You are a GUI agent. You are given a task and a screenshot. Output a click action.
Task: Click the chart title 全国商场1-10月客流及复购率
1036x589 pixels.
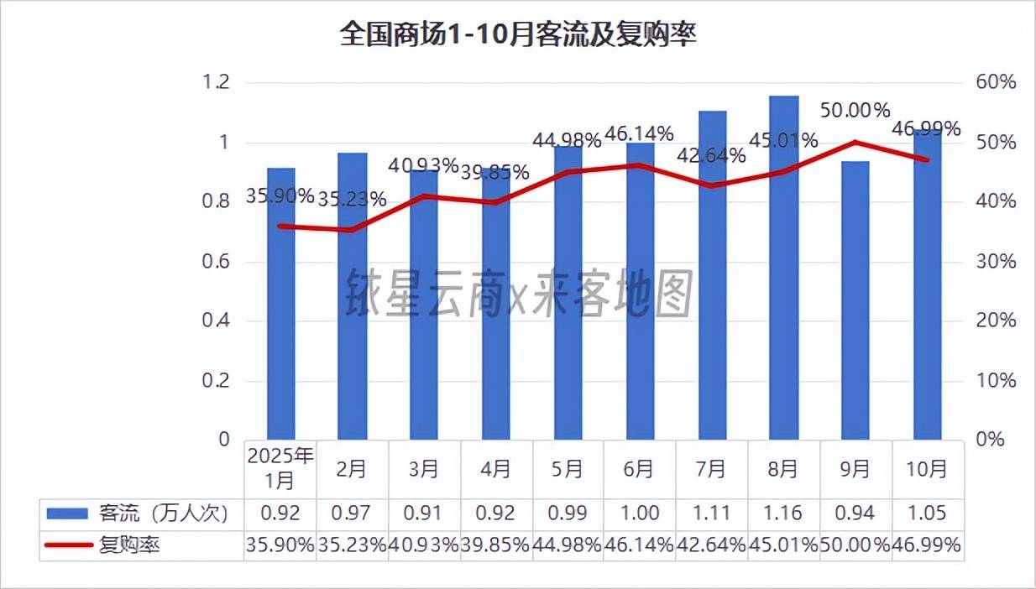[518, 36]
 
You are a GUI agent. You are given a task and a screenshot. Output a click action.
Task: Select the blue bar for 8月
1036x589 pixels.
[783, 268]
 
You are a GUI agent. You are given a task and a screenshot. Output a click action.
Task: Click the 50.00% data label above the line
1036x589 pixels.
[855, 111]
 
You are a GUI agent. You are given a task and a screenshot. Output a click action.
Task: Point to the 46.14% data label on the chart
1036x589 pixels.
[639, 133]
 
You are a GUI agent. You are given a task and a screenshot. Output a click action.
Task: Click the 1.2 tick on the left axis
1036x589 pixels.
[216, 82]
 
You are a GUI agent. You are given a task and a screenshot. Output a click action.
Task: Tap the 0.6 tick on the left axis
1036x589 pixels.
[216, 262]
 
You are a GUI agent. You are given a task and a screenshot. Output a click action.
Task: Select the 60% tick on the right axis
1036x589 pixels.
[997, 82]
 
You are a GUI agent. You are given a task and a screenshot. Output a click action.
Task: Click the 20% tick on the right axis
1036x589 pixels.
[997, 321]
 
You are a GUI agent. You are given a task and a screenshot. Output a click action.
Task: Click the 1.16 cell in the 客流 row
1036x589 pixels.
[783, 513]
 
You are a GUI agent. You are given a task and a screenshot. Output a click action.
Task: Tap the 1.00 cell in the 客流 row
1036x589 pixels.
[639, 513]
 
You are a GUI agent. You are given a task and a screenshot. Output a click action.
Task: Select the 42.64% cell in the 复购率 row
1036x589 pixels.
[711, 545]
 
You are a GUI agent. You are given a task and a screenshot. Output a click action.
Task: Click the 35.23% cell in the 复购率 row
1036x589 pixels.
[352, 545]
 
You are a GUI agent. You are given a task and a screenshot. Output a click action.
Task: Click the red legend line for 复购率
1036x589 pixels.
[68, 545]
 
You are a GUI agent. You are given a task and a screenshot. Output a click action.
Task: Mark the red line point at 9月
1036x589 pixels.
[855, 142]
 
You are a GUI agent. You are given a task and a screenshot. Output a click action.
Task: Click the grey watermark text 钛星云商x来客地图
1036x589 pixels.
[519, 294]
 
